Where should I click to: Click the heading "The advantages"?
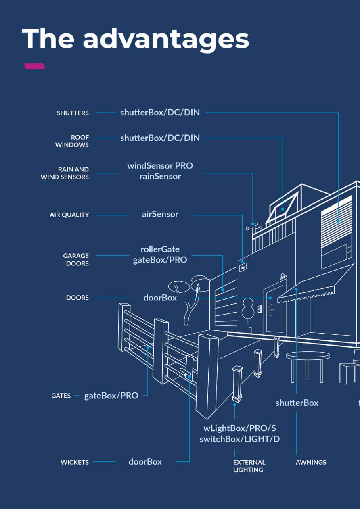point(135,39)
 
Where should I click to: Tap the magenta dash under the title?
point(34,66)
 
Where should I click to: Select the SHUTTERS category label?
point(73,113)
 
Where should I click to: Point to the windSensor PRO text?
point(160,166)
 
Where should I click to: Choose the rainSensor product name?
point(160,176)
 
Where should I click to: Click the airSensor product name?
point(160,214)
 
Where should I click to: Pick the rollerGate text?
point(160,249)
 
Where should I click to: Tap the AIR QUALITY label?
point(69,215)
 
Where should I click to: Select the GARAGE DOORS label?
point(76,259)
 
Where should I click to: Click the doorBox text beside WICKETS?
point(145,462)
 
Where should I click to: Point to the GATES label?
point(61,396)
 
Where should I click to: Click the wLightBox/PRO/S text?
point(240,428)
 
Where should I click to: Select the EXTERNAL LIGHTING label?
point(249,466)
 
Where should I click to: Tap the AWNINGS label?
point(311,462)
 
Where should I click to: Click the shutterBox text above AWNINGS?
point(297,403)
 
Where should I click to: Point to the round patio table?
point(308,356)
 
